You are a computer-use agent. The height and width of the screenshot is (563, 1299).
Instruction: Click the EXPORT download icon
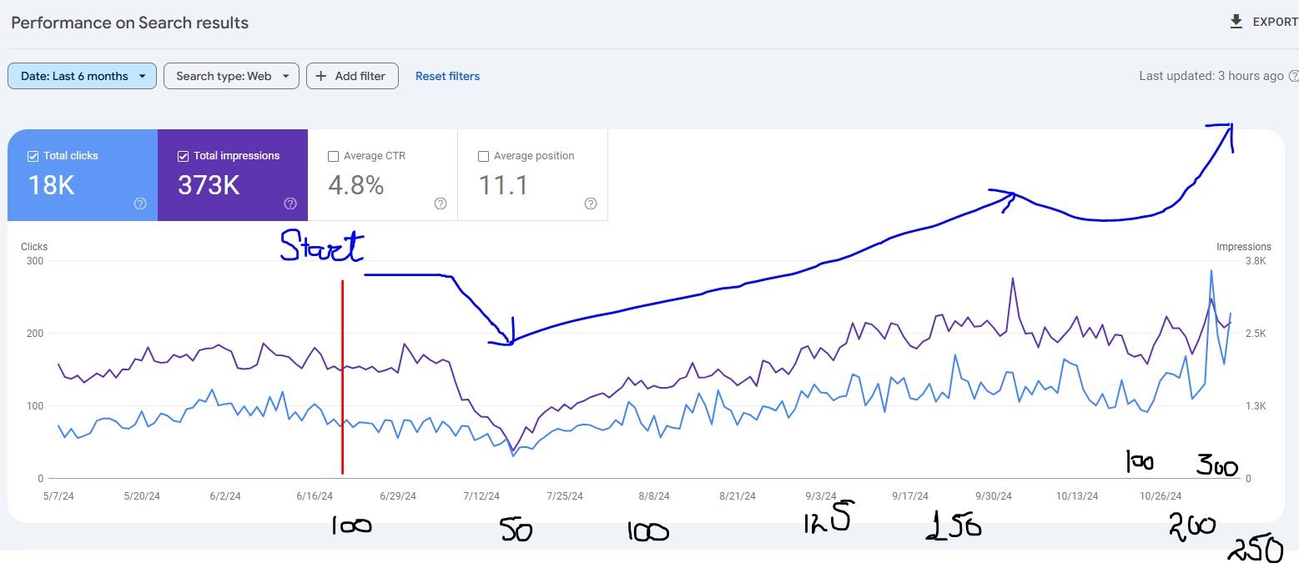[x=1236, y=22]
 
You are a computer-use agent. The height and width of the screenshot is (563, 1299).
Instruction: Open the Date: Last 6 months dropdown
[x=82, y=76]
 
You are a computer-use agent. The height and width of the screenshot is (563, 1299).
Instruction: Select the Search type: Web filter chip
[x=231, y=76]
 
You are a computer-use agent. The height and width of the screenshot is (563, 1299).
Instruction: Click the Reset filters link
[x=447, y=76]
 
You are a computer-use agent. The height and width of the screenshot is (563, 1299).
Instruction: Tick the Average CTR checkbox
[x=334, y=156]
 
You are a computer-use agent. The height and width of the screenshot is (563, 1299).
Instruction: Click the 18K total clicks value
[x=51, y=185]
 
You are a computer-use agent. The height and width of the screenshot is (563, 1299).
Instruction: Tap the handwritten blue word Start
[x=322, y=246]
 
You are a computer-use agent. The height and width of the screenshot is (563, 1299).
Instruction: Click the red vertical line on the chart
[x=342, y=375]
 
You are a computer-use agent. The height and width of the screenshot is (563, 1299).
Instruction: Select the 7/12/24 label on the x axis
[x=481, y=495]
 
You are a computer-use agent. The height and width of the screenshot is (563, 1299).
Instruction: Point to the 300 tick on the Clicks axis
[x=34, y=261]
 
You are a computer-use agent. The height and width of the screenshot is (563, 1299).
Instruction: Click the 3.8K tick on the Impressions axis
[x=1256, y=261]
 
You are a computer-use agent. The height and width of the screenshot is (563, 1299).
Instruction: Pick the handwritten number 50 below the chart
[x=516, y=530]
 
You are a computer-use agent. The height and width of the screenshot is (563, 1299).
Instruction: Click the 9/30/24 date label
[x=994, y=495]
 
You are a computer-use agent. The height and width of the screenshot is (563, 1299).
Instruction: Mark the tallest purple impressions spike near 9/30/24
[x=1012, y=279]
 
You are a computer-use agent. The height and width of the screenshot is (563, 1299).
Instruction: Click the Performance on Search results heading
[x=129, y=23]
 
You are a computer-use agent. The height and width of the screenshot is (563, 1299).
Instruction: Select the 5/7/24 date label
[x=58, y=495]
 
